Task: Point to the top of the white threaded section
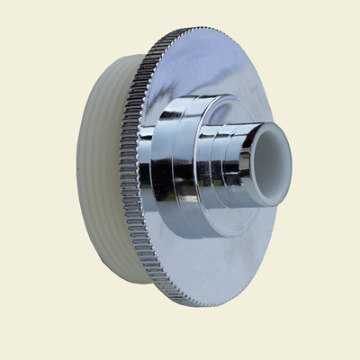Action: pyautogui.click(x=112, y=67)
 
